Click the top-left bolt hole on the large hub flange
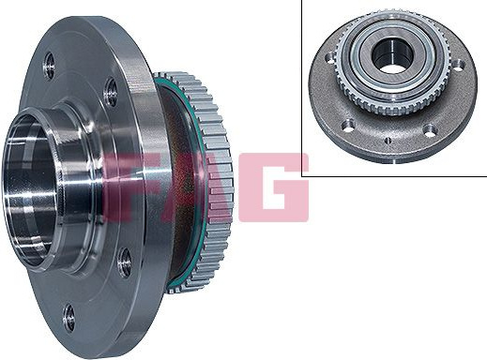[x=49, y=66]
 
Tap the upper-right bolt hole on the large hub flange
[x=110, y=91]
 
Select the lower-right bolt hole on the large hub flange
[x=125, y=262]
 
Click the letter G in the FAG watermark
[x=274, y=187]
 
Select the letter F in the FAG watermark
[x=123, y=187]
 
